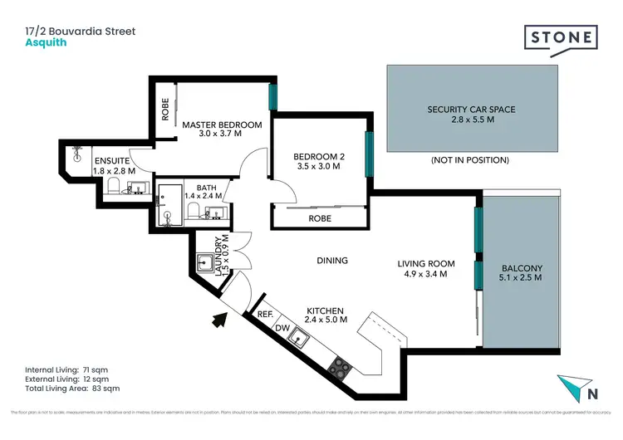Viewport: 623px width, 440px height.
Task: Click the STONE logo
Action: (x=560, y=39)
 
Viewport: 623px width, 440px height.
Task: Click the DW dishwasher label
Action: (x=282, y=327)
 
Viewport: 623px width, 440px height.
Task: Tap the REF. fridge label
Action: (x=266, y=315)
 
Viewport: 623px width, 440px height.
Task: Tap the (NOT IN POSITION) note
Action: (x=470, y=160)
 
